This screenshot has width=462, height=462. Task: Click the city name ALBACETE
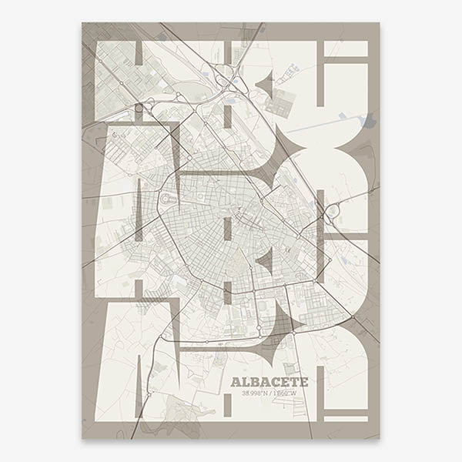(x=269, y=382)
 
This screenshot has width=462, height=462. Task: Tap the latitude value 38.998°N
(x=255, y=393)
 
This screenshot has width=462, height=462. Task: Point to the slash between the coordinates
(x=274, y=393)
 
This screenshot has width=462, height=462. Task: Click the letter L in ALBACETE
(x=246, y=382)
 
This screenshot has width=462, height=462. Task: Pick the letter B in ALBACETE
(x=256, y=382)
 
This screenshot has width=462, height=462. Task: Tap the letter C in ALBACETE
(x=276, y=382)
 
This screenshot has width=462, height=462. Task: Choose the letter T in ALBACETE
(x=294, y=382)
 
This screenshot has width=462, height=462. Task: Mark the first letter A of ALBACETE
(x=236, y=382)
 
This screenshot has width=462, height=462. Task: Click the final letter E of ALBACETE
(x=303, y=382)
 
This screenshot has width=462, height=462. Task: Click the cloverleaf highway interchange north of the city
(x=225, y=78)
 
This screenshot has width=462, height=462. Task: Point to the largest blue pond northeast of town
(x=368, y=120)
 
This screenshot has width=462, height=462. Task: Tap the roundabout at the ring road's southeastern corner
(x=352, y=317)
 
